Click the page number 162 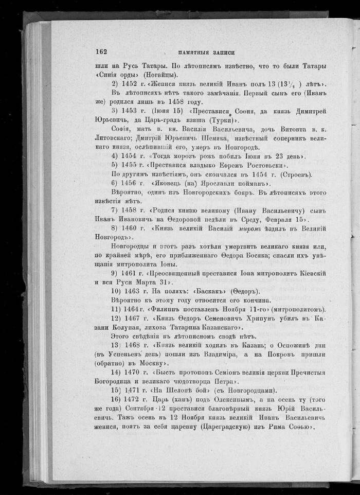tap(101, 51)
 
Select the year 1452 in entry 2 tap(131, 84)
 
